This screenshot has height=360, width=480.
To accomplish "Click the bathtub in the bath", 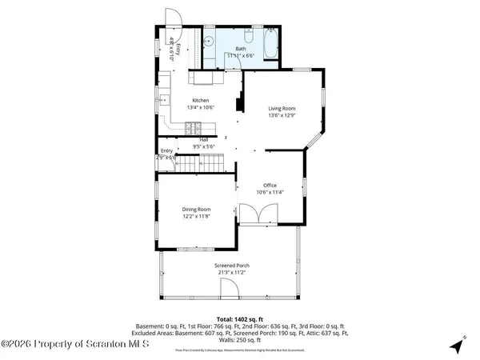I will [269, 44].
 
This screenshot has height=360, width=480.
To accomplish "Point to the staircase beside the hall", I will [198, 165].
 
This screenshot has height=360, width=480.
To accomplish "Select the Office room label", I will [270, 185].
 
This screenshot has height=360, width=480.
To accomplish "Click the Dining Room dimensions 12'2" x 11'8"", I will [196, 216].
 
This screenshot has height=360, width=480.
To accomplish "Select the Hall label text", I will [204, 139].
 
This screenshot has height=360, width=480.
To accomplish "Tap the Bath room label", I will [240, 49].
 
